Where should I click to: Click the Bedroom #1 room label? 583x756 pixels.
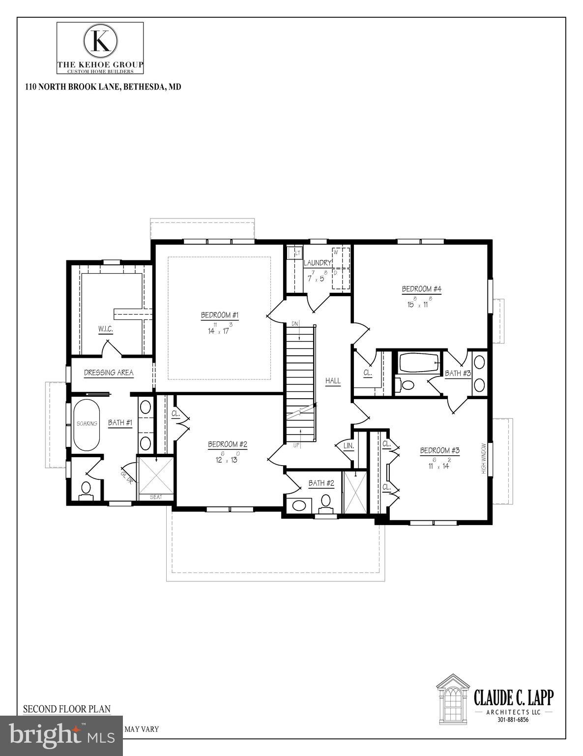coord(220,315)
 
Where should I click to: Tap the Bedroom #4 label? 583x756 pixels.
coord(421,289)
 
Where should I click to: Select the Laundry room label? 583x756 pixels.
coord(317,263)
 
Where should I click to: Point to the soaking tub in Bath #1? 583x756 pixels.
coord(87,423)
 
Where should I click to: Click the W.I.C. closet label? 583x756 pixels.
coord(105,328)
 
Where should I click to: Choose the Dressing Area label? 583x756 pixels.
coord(109,373)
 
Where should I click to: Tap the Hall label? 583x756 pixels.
coord(333,380)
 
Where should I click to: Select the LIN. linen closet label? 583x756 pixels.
coord(349,445)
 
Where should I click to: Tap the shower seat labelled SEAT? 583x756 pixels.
coord(155,497)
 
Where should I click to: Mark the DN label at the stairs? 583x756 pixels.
coord(295,323)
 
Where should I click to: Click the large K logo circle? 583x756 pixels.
coord(101,41)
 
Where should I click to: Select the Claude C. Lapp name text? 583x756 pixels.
coord(513,697)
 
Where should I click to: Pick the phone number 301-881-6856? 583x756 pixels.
coord(513,720)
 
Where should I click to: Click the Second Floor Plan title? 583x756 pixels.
coord(67,709)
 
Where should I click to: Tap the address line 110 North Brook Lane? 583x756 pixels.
coord(103,87)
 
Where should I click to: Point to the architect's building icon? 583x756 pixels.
coord(453,698)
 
